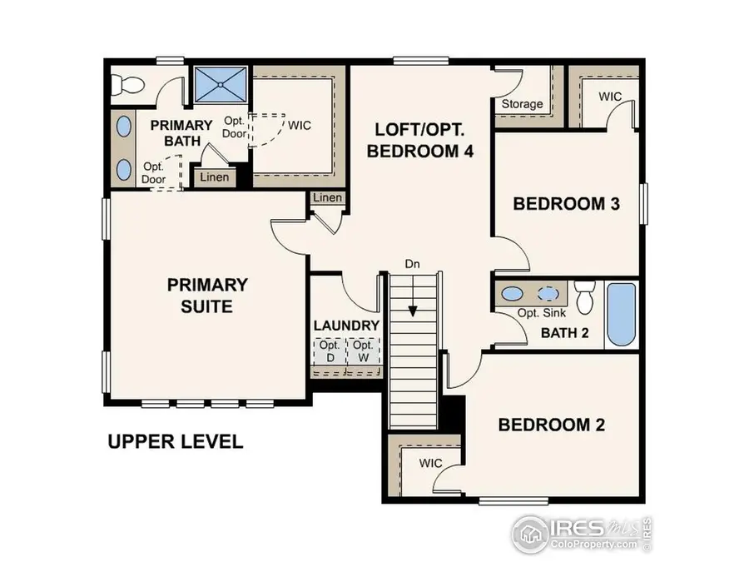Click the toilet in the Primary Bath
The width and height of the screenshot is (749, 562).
129,84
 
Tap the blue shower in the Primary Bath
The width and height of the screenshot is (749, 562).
221,84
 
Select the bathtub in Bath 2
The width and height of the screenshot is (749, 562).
621,314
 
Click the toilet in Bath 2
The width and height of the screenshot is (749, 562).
585,296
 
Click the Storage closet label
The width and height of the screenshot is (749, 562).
522,105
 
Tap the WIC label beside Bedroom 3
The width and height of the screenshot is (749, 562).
610,97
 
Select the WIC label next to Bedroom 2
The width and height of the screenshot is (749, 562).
430,463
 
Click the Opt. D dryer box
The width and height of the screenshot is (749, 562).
330,351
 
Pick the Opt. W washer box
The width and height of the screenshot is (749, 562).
362,351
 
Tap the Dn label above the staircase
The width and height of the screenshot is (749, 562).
412,264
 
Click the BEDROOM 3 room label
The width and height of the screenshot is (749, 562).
567,204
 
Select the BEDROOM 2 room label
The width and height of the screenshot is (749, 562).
551,425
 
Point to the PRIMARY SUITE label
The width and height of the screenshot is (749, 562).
207,295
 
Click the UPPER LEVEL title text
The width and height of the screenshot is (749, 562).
176,441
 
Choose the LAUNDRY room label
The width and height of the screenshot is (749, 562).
346,325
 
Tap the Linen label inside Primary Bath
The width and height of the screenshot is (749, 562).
214,177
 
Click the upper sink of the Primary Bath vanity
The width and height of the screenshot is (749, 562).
124,127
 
